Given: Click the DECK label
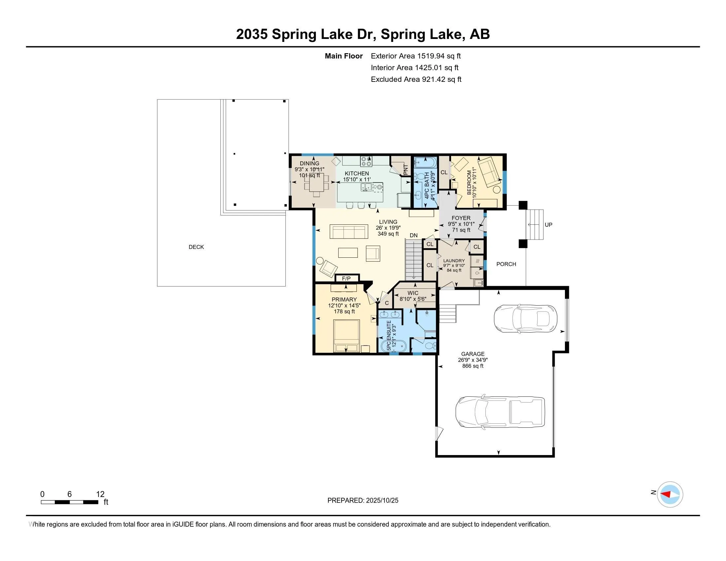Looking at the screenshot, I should pyautogui.click(x=196, y=247).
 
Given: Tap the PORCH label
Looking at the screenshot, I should pyautogui.click(x=506, y=264).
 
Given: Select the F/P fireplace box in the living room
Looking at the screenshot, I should pyautogui.click(x=346, y=279).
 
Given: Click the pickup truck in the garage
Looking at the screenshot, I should pyautogui.click(x=500, y=412).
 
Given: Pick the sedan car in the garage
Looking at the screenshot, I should pyautogui.click(x=525, y=318).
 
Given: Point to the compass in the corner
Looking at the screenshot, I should pyautogui.click(x=670, y=495).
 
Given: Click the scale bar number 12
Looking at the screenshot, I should pyautogui.click(x=100, y=494).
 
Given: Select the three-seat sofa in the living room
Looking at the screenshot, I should pyautogui.click(x=349, y=232).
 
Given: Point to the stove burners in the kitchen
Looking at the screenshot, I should pyautogui.click(x=366, y=161).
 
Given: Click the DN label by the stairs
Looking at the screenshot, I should pyautogui.click(x=413, y=235).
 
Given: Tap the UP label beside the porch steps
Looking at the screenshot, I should pyautogui.click(x=548, y=225).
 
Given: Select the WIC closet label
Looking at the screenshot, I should pyautogui.click(x=413, y=293).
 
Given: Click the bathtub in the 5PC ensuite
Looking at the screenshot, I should pyautogui.click(x=394, y=346).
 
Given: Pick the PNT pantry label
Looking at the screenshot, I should pyautogui.click(x=406, y=170).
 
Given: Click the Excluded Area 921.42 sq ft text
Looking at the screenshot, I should pyautogui.click(x=416, y=80).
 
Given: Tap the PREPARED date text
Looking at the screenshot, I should pyautogui.click(x=363, y=501).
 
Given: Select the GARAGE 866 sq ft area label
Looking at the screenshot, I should pyautogui.click(x=473, y=360).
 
